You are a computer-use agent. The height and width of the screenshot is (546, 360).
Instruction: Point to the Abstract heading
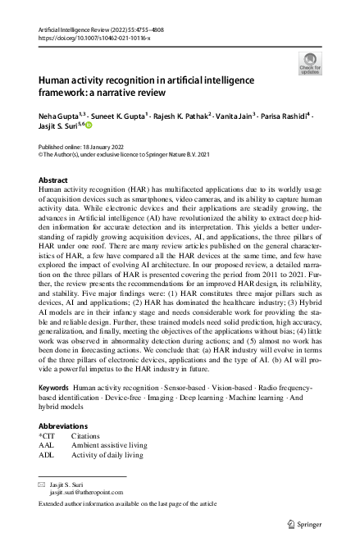click(x=54, y=179)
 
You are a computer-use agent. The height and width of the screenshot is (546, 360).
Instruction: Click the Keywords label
click(x=53, y=409)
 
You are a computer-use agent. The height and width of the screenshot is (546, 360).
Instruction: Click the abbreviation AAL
click(x=47, y=446)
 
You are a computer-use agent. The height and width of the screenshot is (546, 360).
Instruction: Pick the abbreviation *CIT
click(x=47, y=437)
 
